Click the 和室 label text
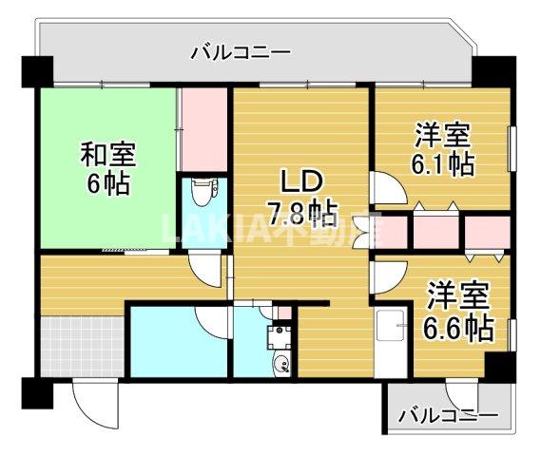tap(107, 153)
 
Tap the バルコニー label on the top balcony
tap(240, 51)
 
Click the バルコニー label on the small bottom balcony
tap(447, 415)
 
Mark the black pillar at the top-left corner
tap(37, 72)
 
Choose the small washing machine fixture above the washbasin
tap(280, 333)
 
